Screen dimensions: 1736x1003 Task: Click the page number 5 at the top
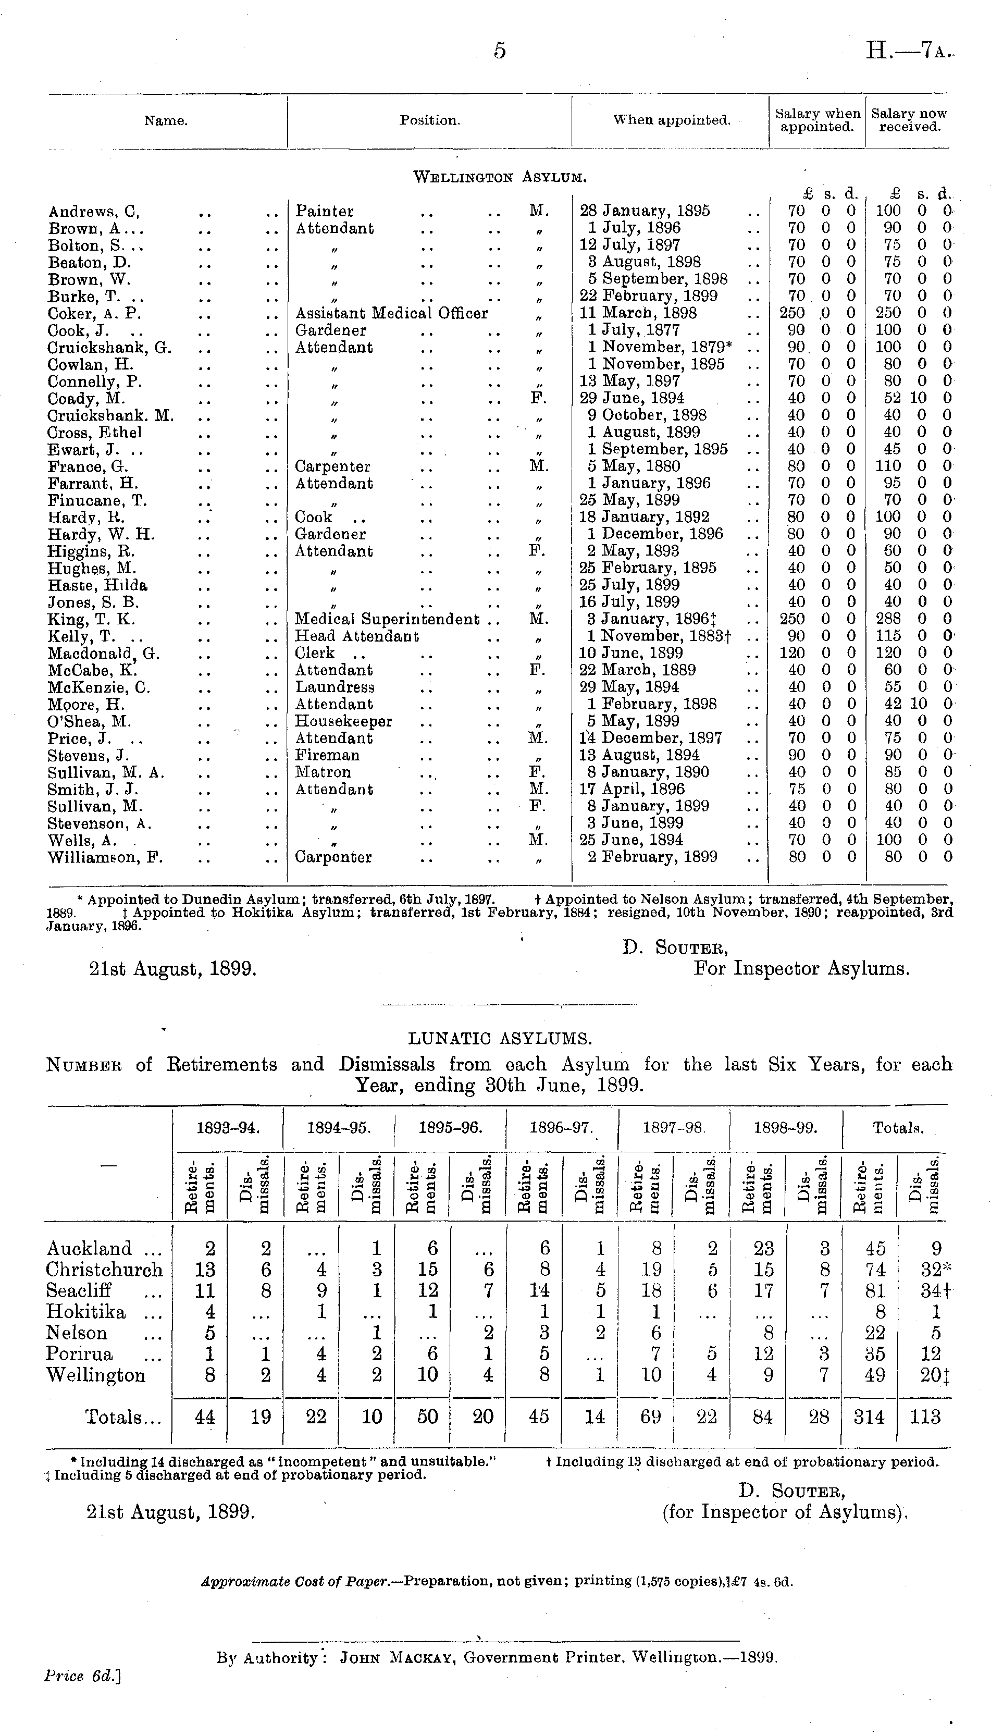pyautogui.click(x=500, y=51)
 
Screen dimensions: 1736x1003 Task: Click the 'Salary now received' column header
pyautogui.click(x=909, y=120)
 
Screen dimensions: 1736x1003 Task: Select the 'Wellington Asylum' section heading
pyautogui.click(x=500, y=177)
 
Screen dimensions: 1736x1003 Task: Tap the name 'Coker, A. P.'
pyautogui.click(x=95, y=313)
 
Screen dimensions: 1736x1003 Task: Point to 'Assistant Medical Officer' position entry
pyautogui.click(x=391, y=313)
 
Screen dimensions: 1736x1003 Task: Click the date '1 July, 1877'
pyautogui.click(x=634, y=330)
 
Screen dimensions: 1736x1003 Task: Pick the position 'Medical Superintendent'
pyautogui.click(x=387, y=619)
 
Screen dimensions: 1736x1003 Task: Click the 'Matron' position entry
pyautogui.click(x=323, y=772)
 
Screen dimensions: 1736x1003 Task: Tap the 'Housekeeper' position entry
pyautogui.click(x=344, y=721)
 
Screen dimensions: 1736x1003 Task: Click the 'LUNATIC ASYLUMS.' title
pyautogui.click(x=500, y=1039)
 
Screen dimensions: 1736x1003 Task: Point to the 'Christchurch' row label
pyautogui.click(x=104, y=1270)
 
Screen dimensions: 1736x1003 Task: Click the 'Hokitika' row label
pyautogui.click(x=86, y=1312)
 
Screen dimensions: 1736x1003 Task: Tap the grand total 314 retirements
pyautogui.click(x=870, y=1417)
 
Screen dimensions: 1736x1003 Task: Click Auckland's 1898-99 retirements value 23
pyautogui.click(x=763, y=1249)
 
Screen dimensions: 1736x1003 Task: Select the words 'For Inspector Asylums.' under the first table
pyautogui.click(x=802, y=969)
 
